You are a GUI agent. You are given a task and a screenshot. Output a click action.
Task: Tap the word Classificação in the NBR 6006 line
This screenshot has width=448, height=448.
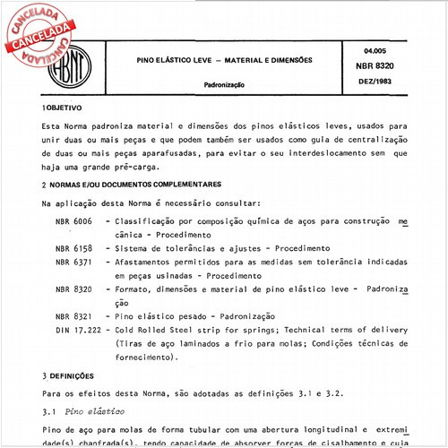coord(148,220)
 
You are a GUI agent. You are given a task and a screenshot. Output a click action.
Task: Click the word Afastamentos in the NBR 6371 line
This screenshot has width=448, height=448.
coord(148,263)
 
